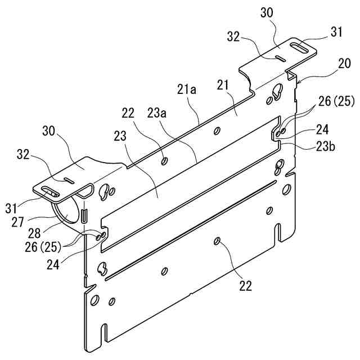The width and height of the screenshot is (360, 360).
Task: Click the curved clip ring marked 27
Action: point(66,215)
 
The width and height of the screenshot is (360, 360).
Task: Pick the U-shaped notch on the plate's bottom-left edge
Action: point(103,331)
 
